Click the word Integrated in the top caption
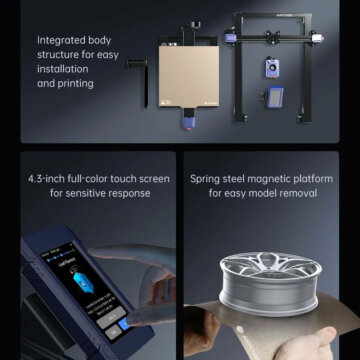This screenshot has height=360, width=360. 57,41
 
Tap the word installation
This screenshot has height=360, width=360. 63,69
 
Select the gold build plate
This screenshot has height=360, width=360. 189,76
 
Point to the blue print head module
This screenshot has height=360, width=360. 272,68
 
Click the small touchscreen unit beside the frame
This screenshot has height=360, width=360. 274,97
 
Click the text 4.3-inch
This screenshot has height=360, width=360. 46,179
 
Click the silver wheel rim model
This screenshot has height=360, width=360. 270,283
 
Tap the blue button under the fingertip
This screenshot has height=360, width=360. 124,324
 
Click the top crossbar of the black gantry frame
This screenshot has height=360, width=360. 273,15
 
